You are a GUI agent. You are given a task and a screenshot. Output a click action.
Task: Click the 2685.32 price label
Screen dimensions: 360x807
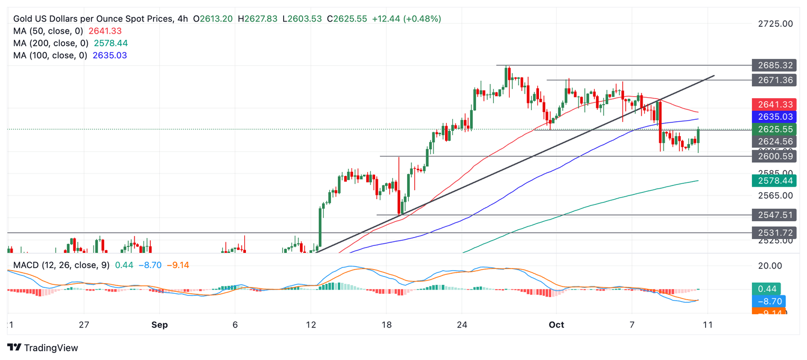[774, 66]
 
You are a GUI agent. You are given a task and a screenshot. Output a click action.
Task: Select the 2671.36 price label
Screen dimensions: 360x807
[774, 80]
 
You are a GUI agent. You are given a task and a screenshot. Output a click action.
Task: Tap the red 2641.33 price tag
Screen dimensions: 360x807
[774, 105]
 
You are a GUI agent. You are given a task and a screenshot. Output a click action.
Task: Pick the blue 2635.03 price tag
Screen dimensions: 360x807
[774, 117]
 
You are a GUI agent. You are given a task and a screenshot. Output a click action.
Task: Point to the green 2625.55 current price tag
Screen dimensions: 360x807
[774, 129]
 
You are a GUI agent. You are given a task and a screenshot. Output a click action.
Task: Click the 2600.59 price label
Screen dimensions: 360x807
[774, 156]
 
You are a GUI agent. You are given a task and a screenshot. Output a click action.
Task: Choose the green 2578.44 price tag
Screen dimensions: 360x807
[774, 181]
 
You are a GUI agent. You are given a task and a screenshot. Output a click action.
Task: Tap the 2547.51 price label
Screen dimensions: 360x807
[774, 215]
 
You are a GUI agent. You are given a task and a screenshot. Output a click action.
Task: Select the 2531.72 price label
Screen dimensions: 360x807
[774, 232]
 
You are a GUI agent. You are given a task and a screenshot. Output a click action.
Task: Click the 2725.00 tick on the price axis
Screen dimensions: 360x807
[775, 24]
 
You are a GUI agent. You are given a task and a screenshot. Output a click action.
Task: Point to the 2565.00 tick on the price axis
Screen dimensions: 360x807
[775, 196]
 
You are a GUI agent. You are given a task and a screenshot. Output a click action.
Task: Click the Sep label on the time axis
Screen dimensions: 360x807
[159, 325]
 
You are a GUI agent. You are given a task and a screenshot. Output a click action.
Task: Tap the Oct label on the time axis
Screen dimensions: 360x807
[556, 325]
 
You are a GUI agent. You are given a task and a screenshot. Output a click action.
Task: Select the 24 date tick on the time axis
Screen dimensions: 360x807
[462, 325]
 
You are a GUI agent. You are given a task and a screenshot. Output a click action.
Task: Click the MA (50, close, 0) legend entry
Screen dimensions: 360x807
[51, 31]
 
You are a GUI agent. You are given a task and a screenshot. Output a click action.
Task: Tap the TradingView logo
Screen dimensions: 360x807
[43, 347]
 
